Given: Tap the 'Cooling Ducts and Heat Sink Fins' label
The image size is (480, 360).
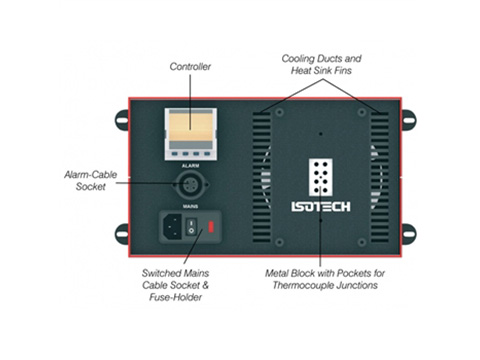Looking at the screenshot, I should point(321,65).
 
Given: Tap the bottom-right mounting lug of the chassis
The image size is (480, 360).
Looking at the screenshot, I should point(407,234).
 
